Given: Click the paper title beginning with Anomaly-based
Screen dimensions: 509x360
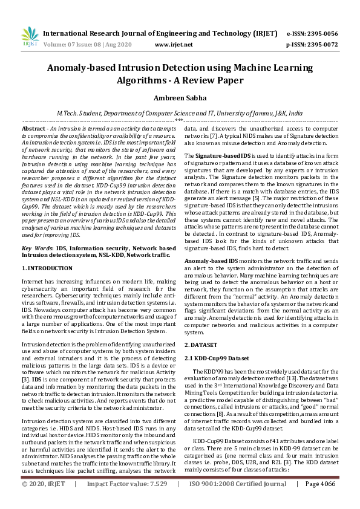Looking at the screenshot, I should (180, 74).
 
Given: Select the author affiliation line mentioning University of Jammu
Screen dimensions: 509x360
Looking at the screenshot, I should (180, 113).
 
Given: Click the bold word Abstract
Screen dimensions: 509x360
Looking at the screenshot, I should (34, 129).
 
